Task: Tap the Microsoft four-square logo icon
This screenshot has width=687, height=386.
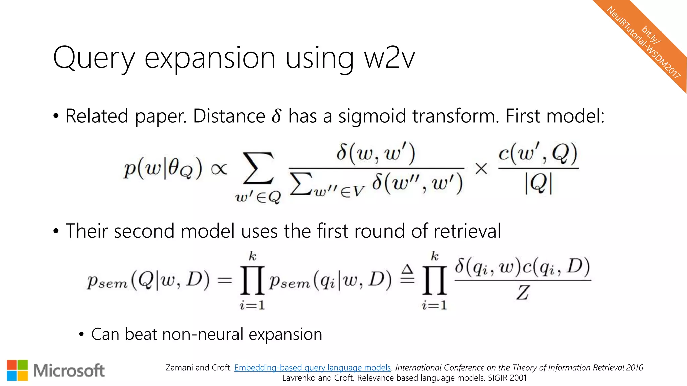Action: [17, 370]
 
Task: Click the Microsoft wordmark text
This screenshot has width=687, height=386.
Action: [69, 371]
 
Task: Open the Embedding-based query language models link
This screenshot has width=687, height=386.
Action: [313, 368]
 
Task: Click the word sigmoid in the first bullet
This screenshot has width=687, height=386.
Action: [372, 116]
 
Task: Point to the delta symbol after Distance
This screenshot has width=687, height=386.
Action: [276, 116]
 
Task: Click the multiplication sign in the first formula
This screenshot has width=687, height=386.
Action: [481, 169]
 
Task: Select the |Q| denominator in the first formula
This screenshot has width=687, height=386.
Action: [538, 184]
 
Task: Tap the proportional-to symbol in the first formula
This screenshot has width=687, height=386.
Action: [219, 169]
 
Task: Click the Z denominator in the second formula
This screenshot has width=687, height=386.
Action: [522, 293]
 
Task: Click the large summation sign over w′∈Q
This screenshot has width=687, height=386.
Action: [258, 169]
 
